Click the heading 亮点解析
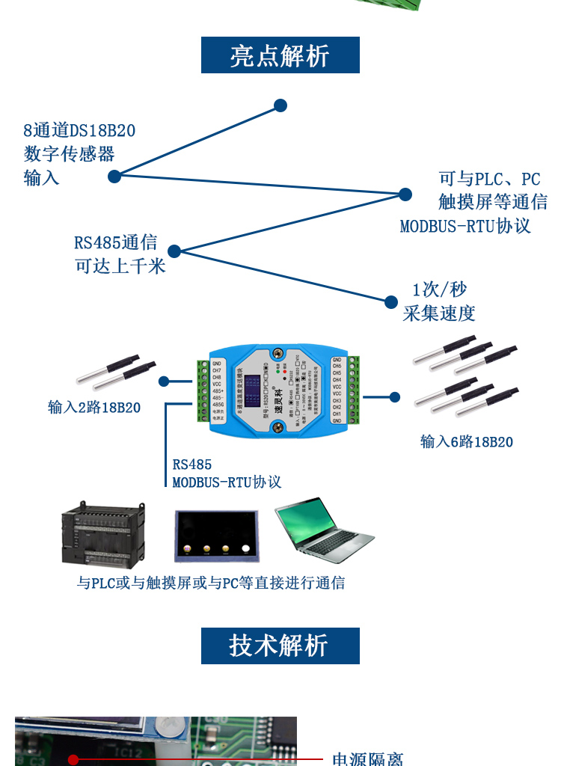pyautogui.click(x=280, y=55)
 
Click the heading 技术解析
pyautogui.click(x=280, y=646)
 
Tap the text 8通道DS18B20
pyautogui.click(x=79, y=130)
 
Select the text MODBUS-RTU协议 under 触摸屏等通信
pyautogui.click(x=465, y=226)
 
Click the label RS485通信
pyautogui.click(x=115, y=242)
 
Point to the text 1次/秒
pyautogui.click(x=440, y=289)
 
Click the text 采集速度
pyautogui.click(x=439, y=313)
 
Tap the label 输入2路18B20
pyautogui.click(x=94, y=408)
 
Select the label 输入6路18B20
pyautogui.click(x=467, y=442)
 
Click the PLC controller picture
pyautogui.click(x=102, y=534)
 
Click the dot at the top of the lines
pyautogui.click(x=280, y=105)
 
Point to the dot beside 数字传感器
pyautogui.click(x=114, y=177)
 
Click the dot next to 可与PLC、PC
pyautogui.click(x=405, y=194)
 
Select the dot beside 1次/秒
pyautogui.click(x=391, y=302)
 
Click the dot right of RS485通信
pyautogui.click(x=174, y=251)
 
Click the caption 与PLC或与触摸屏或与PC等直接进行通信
pyautogui.click(x=211, y=583)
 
